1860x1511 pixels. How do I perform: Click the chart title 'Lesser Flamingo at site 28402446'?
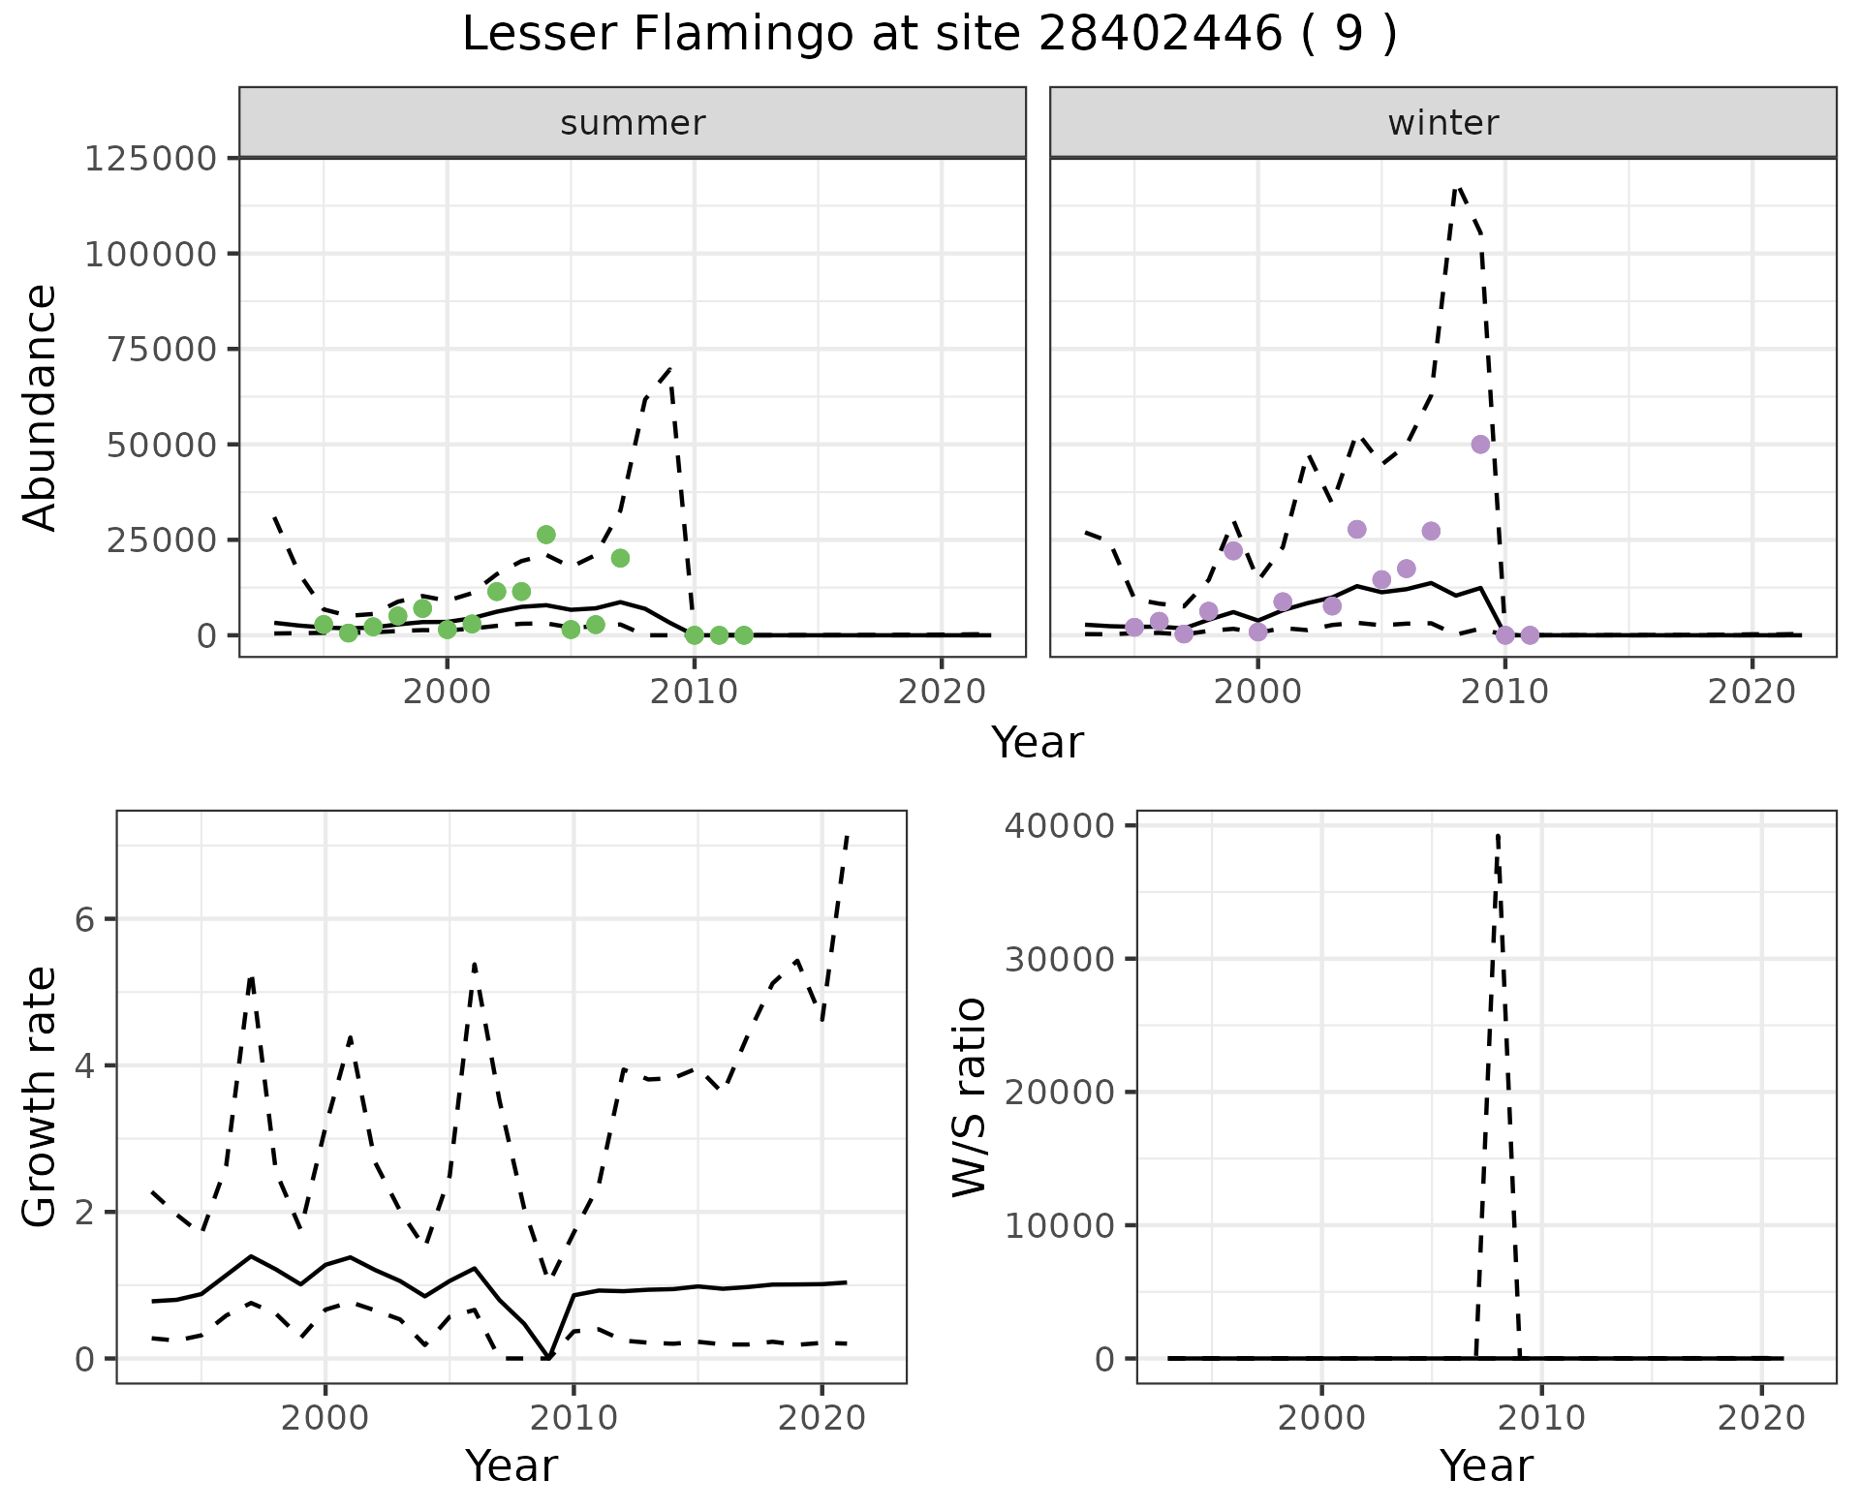coord(929,35)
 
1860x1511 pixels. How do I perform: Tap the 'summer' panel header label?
coord(633,123)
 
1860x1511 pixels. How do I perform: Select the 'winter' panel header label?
coord(1443,123)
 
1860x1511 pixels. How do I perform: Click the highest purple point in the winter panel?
coord(1480,445)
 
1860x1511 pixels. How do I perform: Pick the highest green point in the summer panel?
coord(546,535)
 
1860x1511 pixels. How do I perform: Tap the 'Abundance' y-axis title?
coord(41,408)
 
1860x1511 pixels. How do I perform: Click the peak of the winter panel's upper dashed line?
coord(1458,186)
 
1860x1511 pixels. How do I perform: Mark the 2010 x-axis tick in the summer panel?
coord(694,692)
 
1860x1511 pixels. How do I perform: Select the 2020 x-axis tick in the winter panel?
coord(1751,692)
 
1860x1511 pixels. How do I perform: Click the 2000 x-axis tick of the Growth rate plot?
coord(325,1419)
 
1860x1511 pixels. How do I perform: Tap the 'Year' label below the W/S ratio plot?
coord(1486,1465)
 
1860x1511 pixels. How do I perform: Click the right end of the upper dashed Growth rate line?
coord(847,835)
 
